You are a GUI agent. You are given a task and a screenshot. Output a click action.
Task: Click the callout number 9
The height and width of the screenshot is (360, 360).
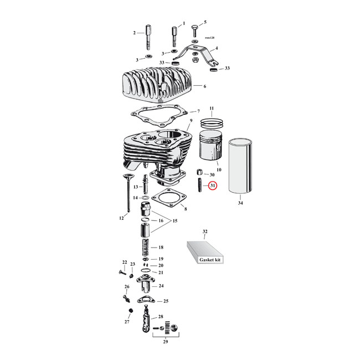tap(191, 121)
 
